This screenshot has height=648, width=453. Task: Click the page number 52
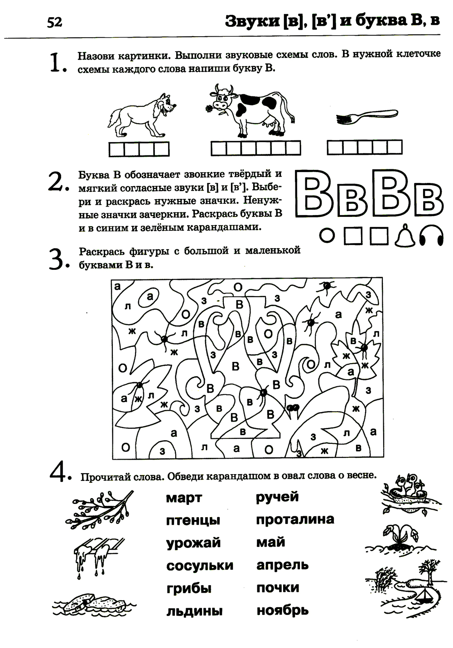[54, 23]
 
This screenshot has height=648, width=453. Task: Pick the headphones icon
[431, 235]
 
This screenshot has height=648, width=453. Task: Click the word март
[184, 499]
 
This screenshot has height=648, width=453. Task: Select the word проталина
[295, 519]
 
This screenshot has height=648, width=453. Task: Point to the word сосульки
[200, 566]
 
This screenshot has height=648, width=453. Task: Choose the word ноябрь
[283, 611]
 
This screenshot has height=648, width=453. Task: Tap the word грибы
[189, 589]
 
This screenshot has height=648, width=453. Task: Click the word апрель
[283, 566]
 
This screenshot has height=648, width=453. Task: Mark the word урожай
[193, 542]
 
